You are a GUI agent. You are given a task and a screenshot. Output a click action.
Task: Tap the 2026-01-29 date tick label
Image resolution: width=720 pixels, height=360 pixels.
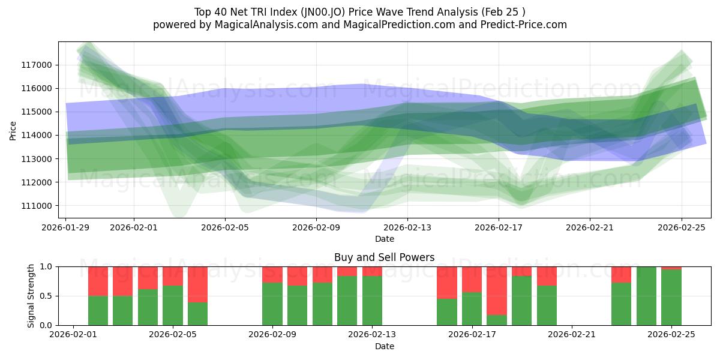point(65,227)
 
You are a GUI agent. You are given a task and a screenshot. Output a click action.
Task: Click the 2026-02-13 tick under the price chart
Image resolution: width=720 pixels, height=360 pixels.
point(407,227)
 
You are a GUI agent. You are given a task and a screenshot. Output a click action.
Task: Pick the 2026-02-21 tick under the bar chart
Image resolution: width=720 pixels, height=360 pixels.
point(572,335)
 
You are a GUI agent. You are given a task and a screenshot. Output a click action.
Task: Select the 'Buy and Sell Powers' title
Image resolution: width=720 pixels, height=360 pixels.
point(384,257)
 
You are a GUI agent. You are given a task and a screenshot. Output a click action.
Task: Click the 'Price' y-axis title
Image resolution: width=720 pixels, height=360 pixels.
point(13,130)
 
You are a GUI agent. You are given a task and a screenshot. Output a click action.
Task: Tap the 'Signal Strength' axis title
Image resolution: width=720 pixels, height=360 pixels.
point(31,296)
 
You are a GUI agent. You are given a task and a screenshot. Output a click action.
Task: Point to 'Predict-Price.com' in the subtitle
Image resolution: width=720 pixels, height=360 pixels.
point(521,25)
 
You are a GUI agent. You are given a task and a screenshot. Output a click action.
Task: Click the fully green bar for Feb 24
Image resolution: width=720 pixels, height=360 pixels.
point(646,296)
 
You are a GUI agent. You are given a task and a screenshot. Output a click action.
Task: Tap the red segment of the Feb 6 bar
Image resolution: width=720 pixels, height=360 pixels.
point(197,284)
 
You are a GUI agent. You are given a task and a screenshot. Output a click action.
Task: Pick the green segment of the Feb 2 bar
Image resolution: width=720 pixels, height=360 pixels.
point(98,310)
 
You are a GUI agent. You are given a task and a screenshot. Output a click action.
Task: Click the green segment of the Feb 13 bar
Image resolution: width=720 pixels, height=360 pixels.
point(372,301)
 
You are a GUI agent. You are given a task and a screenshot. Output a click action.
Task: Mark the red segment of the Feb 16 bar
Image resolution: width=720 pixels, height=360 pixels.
point(447,282)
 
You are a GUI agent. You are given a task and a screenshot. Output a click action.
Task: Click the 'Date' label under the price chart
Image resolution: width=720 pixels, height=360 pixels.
point(384,239)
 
